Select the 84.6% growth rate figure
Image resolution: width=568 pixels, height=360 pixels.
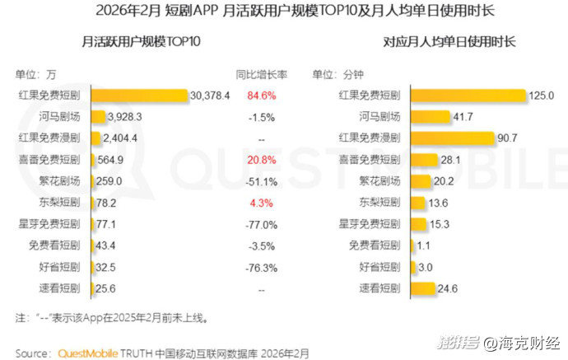[262, 95]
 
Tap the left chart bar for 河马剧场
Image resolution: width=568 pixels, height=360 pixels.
[108, 116]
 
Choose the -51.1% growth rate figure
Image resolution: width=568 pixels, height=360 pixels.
[262, 180]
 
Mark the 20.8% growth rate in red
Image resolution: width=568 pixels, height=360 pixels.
[262, 159]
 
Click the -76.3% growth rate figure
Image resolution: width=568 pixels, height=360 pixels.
[262, 266]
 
